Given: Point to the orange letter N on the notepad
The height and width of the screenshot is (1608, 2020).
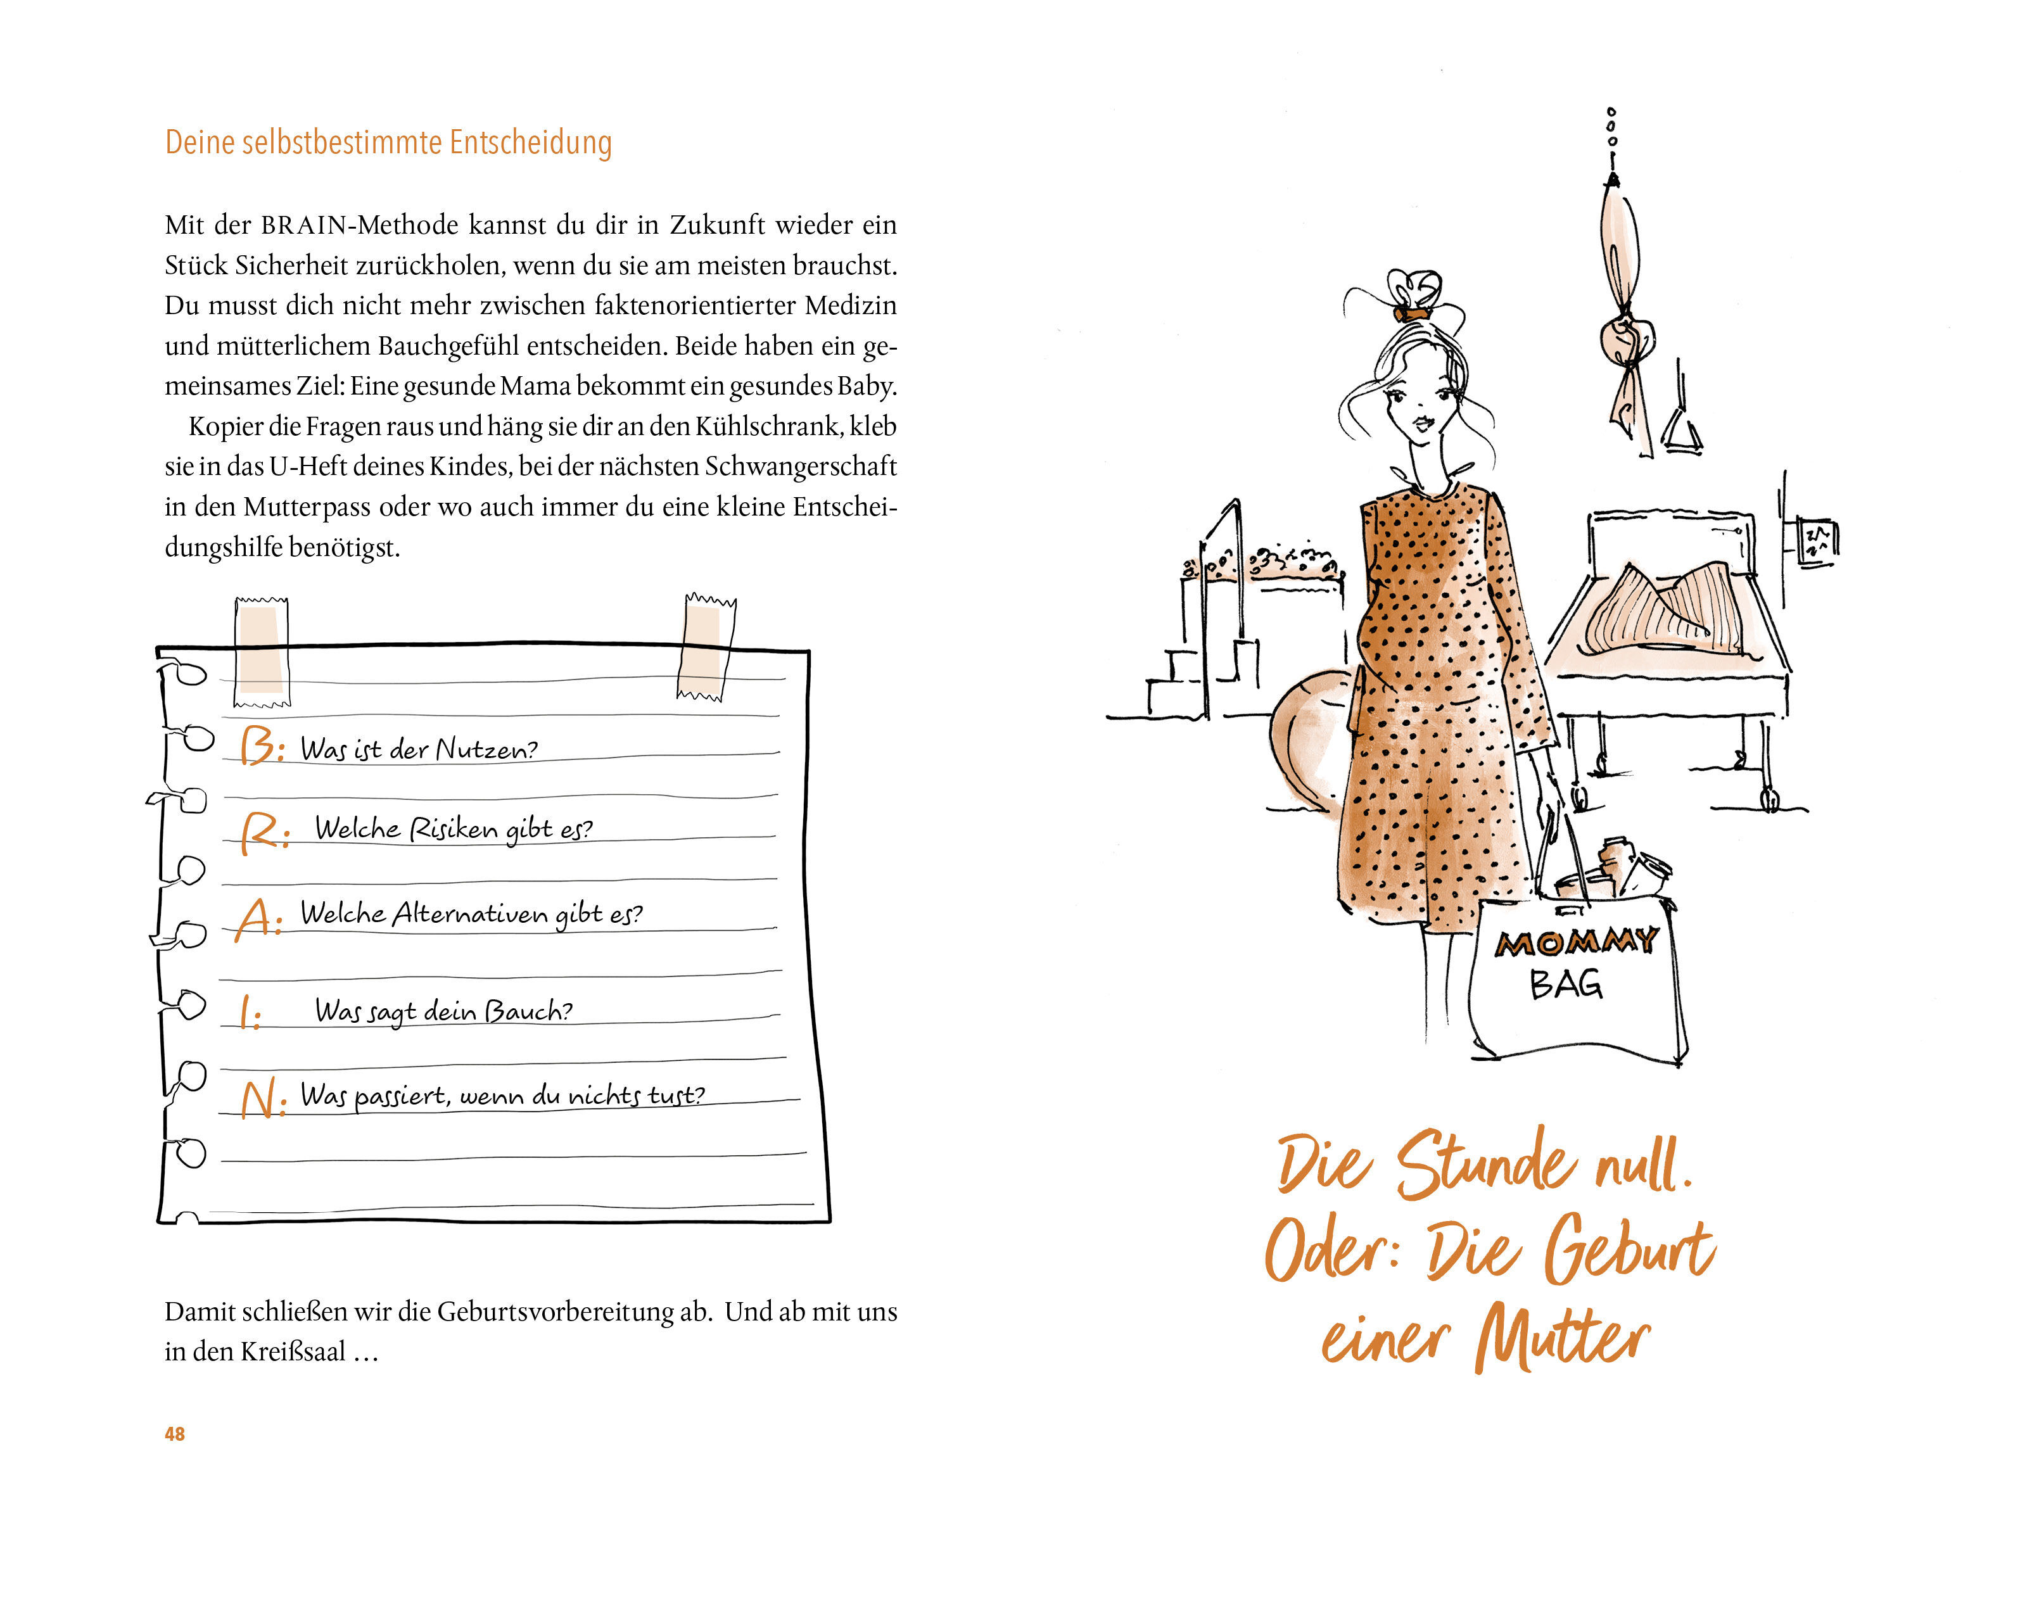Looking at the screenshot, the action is click(260, 1099).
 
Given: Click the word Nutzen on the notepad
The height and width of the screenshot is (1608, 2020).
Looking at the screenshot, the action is click(485, 749).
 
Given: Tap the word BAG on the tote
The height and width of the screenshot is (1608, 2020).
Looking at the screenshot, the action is click(1566, 984).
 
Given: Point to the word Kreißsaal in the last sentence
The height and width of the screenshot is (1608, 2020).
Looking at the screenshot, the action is click(293, 1352).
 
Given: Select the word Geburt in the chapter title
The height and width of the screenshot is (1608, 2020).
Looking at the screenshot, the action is click(1630, 1248).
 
